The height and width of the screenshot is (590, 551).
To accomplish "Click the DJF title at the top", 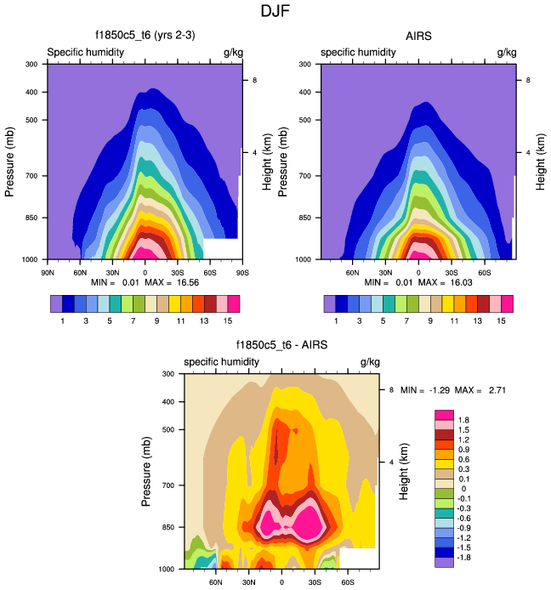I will pos(275,12).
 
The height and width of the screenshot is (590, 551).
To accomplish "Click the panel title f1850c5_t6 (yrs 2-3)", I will pos(145,37).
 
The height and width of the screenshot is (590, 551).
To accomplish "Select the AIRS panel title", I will pos(418,37).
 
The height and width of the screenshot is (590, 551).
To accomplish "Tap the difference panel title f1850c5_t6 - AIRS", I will pos(281,346).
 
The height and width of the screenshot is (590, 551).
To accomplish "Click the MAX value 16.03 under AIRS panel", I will pos(448,281).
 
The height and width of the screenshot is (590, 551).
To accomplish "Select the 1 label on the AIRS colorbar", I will pos(336,320).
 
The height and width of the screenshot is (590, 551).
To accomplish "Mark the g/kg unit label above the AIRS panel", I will pos(506,53).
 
